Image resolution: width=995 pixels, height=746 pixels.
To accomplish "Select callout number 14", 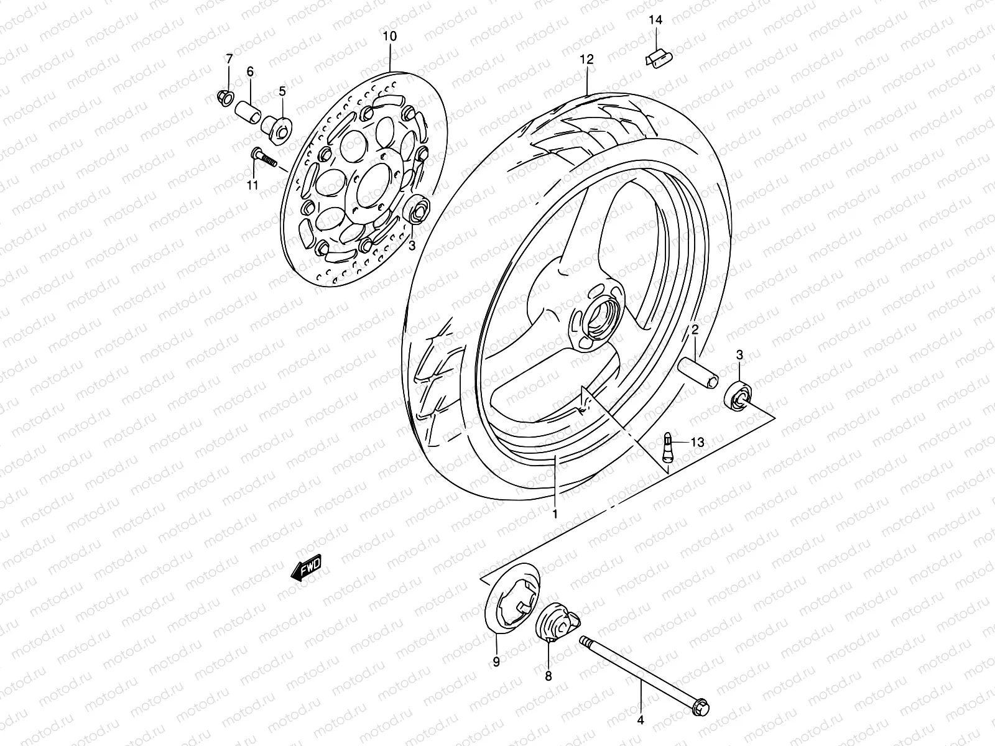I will point(656,20).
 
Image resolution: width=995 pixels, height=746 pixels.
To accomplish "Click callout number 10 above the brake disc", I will point(389,37).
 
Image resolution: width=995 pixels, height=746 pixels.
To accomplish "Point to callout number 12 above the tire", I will point(587,60).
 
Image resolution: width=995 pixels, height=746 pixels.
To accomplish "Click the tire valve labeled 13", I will point(669,445).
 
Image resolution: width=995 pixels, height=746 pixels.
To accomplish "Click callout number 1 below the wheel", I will point(555,514).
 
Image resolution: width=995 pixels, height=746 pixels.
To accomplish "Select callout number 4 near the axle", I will point(641,721).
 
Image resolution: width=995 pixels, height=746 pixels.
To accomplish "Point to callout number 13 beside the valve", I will point(697,443).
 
